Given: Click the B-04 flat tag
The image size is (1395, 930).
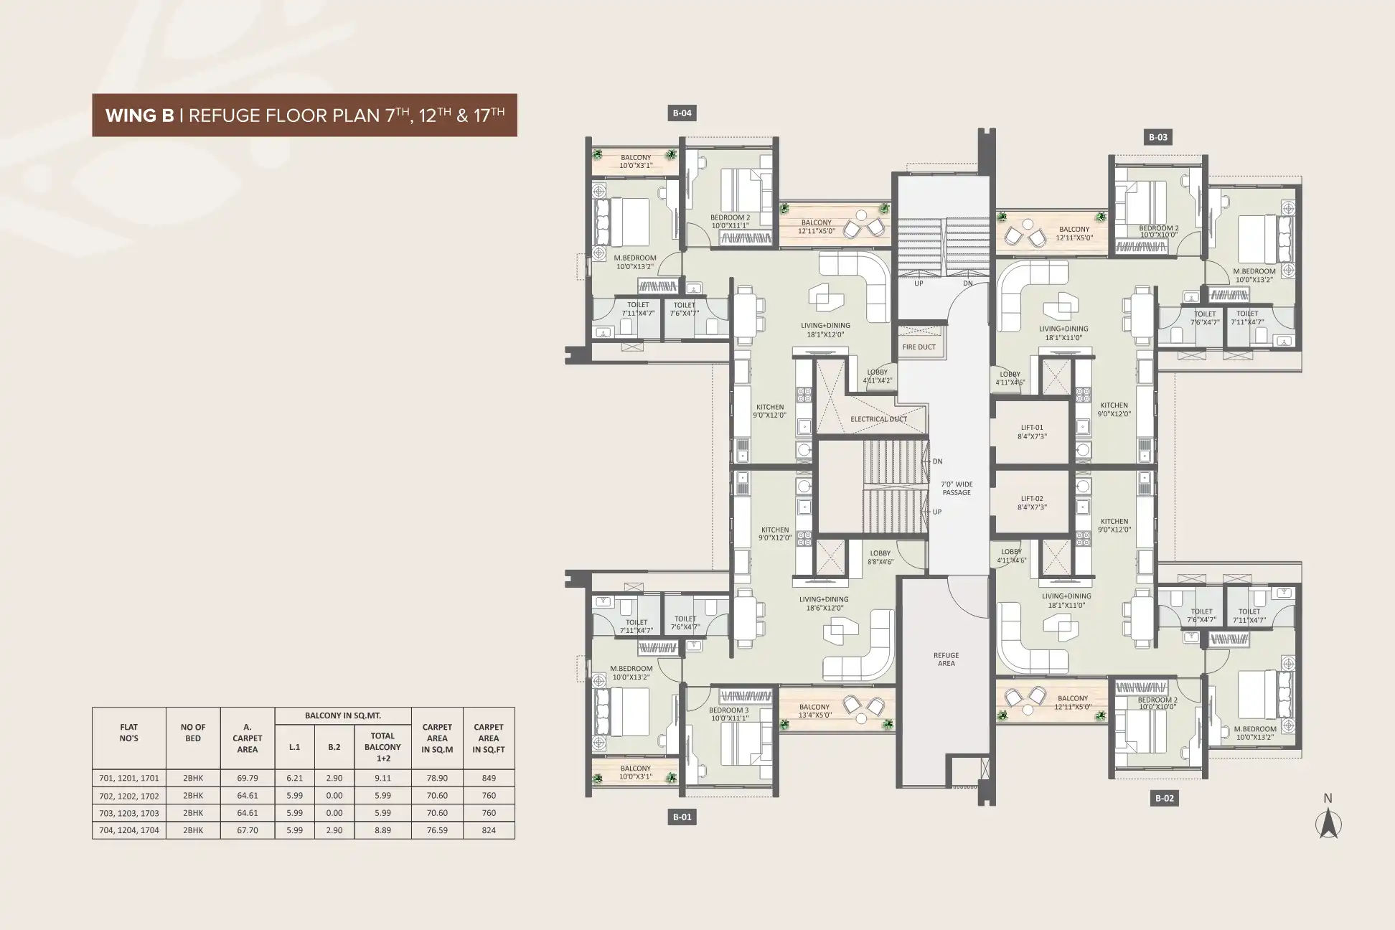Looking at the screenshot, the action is pyautogui.click(x=682, y=113).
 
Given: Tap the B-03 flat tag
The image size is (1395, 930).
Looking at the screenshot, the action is pyautogui.click(x=1157, y=137).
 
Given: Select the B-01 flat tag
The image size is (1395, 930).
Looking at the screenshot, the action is pyautogui.click(x=682, y=817).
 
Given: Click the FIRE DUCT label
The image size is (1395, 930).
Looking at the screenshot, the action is pyautogui.click(x=919, y=347).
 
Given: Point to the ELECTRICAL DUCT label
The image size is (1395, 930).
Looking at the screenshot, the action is pyautogui.click(x=878, y=419).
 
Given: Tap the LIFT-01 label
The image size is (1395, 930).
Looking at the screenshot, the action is pyautogui.click(x=1032, y=428).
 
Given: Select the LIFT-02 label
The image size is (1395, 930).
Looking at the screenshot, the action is pyautogui.click(x=1032, y=499).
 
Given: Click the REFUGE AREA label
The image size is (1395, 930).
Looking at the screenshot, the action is pyautogui.click(x=946, y=659).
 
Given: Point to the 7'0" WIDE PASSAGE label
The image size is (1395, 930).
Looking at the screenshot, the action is pyautogui.click(x=957, y=489).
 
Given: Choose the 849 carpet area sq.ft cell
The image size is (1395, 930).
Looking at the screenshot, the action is pyautogui.click(x=489, y=778).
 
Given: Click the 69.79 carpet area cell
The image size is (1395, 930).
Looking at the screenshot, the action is pyautogui.click(x=248, y=778).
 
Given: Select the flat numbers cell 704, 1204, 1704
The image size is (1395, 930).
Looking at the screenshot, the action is pyautogui.click(x=129, y=830).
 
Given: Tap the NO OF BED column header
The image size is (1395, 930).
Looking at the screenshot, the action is pyautogui.click(x=193, y=733).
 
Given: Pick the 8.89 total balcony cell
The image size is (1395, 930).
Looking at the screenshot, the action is pyautogui.click(x=382, y=830).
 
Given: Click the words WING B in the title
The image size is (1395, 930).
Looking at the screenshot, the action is pyautogui.click(x=139, y=116).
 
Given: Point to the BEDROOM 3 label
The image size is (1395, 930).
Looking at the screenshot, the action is pyautogui.click(x=729, y=710).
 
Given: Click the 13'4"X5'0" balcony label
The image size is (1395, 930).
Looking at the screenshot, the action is pyautogui.click(x=814, y=715).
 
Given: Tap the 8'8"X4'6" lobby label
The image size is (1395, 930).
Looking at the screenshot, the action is pyautogui.click(x=880, y=562).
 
